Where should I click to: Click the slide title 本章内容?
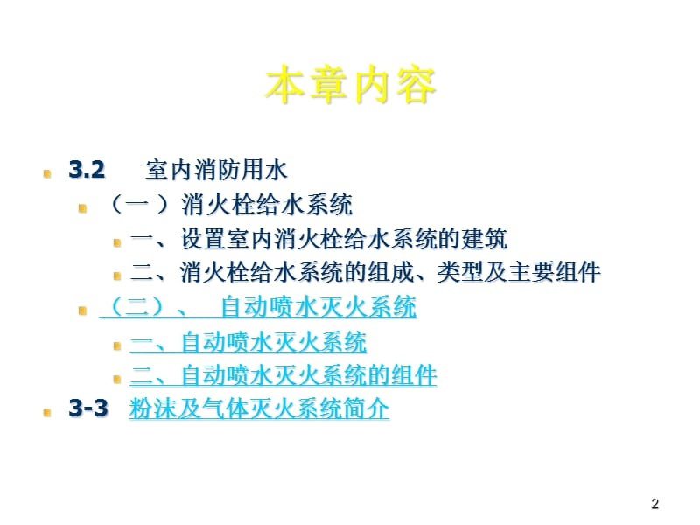(350, 86)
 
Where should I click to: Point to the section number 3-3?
(88, 409)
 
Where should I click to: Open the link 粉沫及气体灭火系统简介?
(259, 409)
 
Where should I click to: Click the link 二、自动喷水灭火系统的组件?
(283, 376)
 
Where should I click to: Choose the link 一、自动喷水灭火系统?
(248, 342)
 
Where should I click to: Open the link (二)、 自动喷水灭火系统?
(258, 308)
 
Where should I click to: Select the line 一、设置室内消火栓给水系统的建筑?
(318, 239)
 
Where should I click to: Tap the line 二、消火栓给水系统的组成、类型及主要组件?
(365, 273)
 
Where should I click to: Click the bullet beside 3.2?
(48, 172)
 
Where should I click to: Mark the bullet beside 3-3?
(48, 412)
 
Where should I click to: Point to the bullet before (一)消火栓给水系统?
(83, 208)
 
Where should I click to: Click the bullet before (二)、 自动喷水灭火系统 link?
(83, 311)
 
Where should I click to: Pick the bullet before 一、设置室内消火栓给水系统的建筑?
(117, 241)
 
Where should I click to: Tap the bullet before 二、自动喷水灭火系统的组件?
(117, 379)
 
